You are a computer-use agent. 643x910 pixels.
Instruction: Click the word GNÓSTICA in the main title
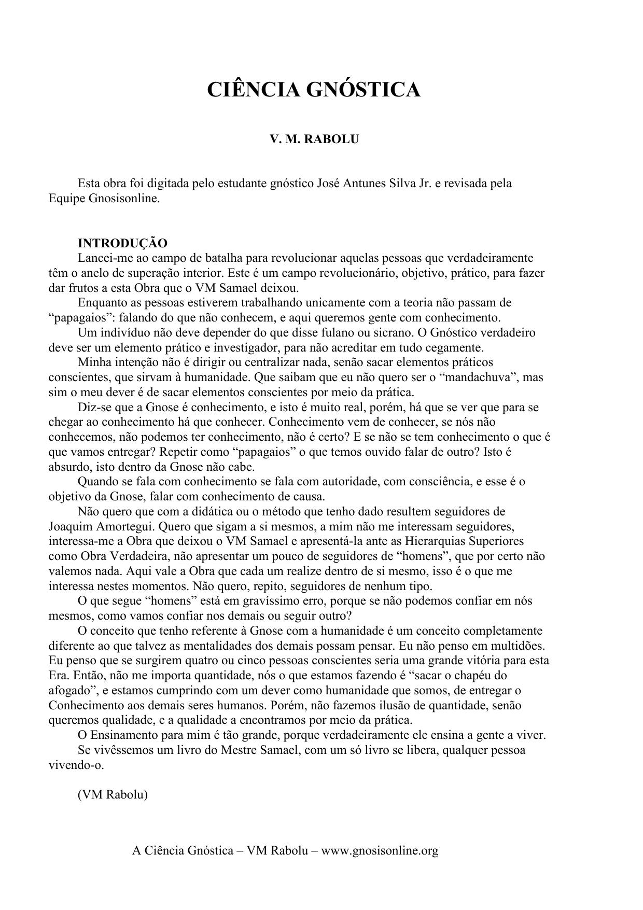click(x=363, y=90)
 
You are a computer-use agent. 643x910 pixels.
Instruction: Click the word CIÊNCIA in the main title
click(x=254, y=90)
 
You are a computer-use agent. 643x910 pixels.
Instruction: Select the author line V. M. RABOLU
click(x=314, y=139)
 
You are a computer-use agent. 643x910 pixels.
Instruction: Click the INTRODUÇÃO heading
click(x=122, y=243)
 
